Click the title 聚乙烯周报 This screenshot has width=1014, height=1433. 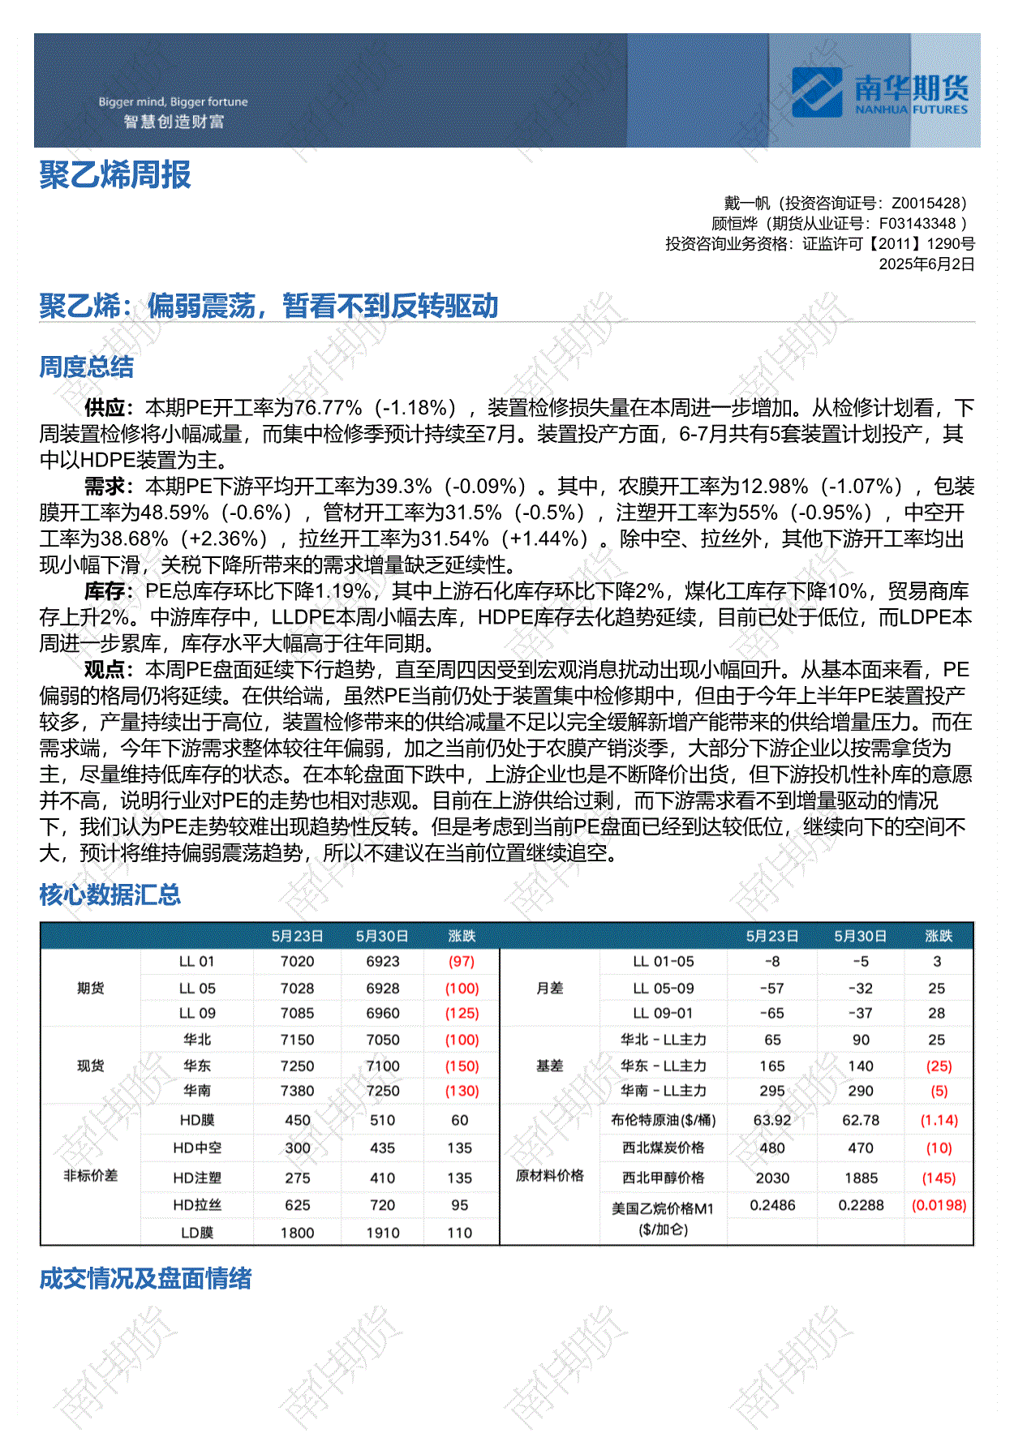pyautogui.click(x=115, y=175)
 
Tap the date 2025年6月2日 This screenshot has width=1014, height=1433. pyautogui.click(x=926, y=264)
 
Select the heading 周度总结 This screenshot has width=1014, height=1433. pyautogui.click(x=87, y=367)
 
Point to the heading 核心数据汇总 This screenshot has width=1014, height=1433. pyautogui.click(x=110, y=895)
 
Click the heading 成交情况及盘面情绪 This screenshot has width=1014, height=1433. pyautogui.click(x=145, y=1279)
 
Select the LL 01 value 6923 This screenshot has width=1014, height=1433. pyautogui.click(x=383, y=962)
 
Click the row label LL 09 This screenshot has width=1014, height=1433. pyautogui.click(x=197, y=1014)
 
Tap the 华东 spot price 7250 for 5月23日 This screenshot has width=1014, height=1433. pyautogui.click(x=297, y=1066)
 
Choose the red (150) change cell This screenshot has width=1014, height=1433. pyautogui.click(x=462, y=1066)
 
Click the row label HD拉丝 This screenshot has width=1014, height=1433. pyautogui.click(x=197, y=1206)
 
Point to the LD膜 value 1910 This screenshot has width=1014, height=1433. pyautogui.click(x=383, y=1233)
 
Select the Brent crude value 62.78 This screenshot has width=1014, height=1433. pyautogui.click(x=861, y=1121)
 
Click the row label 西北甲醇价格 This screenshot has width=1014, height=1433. pyautogui.click(x=664, y=1178)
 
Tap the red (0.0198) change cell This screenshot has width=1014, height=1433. pyautogui.click(x=939, y=1206)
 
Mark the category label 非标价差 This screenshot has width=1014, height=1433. pyautogui.click(x=90, y=1176)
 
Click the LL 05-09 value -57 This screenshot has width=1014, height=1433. pyautogui.click(x=772, y=989)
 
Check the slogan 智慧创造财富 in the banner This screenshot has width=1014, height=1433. pyautogui.click(x=174, y=122)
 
